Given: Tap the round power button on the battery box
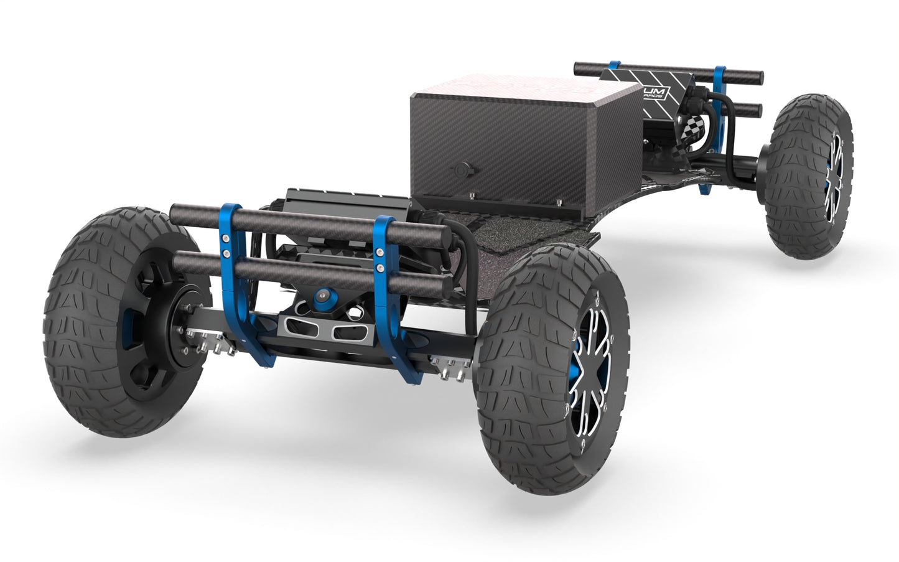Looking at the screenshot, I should pos(462,169).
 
